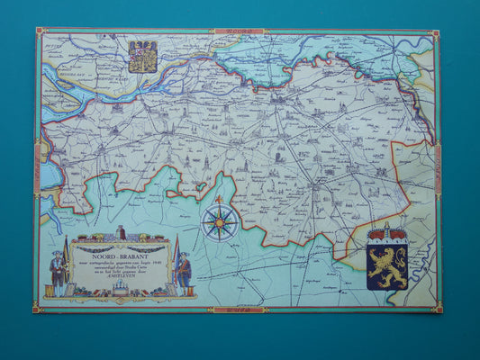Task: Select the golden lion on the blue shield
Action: (x=387, y=264)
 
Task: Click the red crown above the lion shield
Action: (x=387, y=230)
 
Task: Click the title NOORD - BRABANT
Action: (x=122, y=255)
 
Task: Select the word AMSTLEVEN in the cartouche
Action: (x=122, y=277)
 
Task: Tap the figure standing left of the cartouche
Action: (x=58, y=274)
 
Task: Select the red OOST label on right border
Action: (x=439, y=170)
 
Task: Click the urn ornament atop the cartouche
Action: (x=122, y=232)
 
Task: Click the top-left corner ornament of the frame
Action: (x=40, y=31)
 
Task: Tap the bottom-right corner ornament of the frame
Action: (x=439, y=310)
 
